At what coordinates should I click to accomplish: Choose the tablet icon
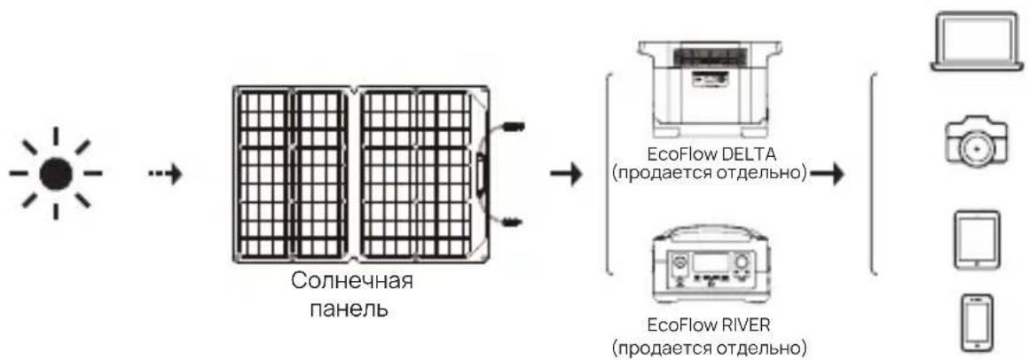[x=976, y=238]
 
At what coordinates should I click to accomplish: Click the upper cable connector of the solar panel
[x=514, y=128]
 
